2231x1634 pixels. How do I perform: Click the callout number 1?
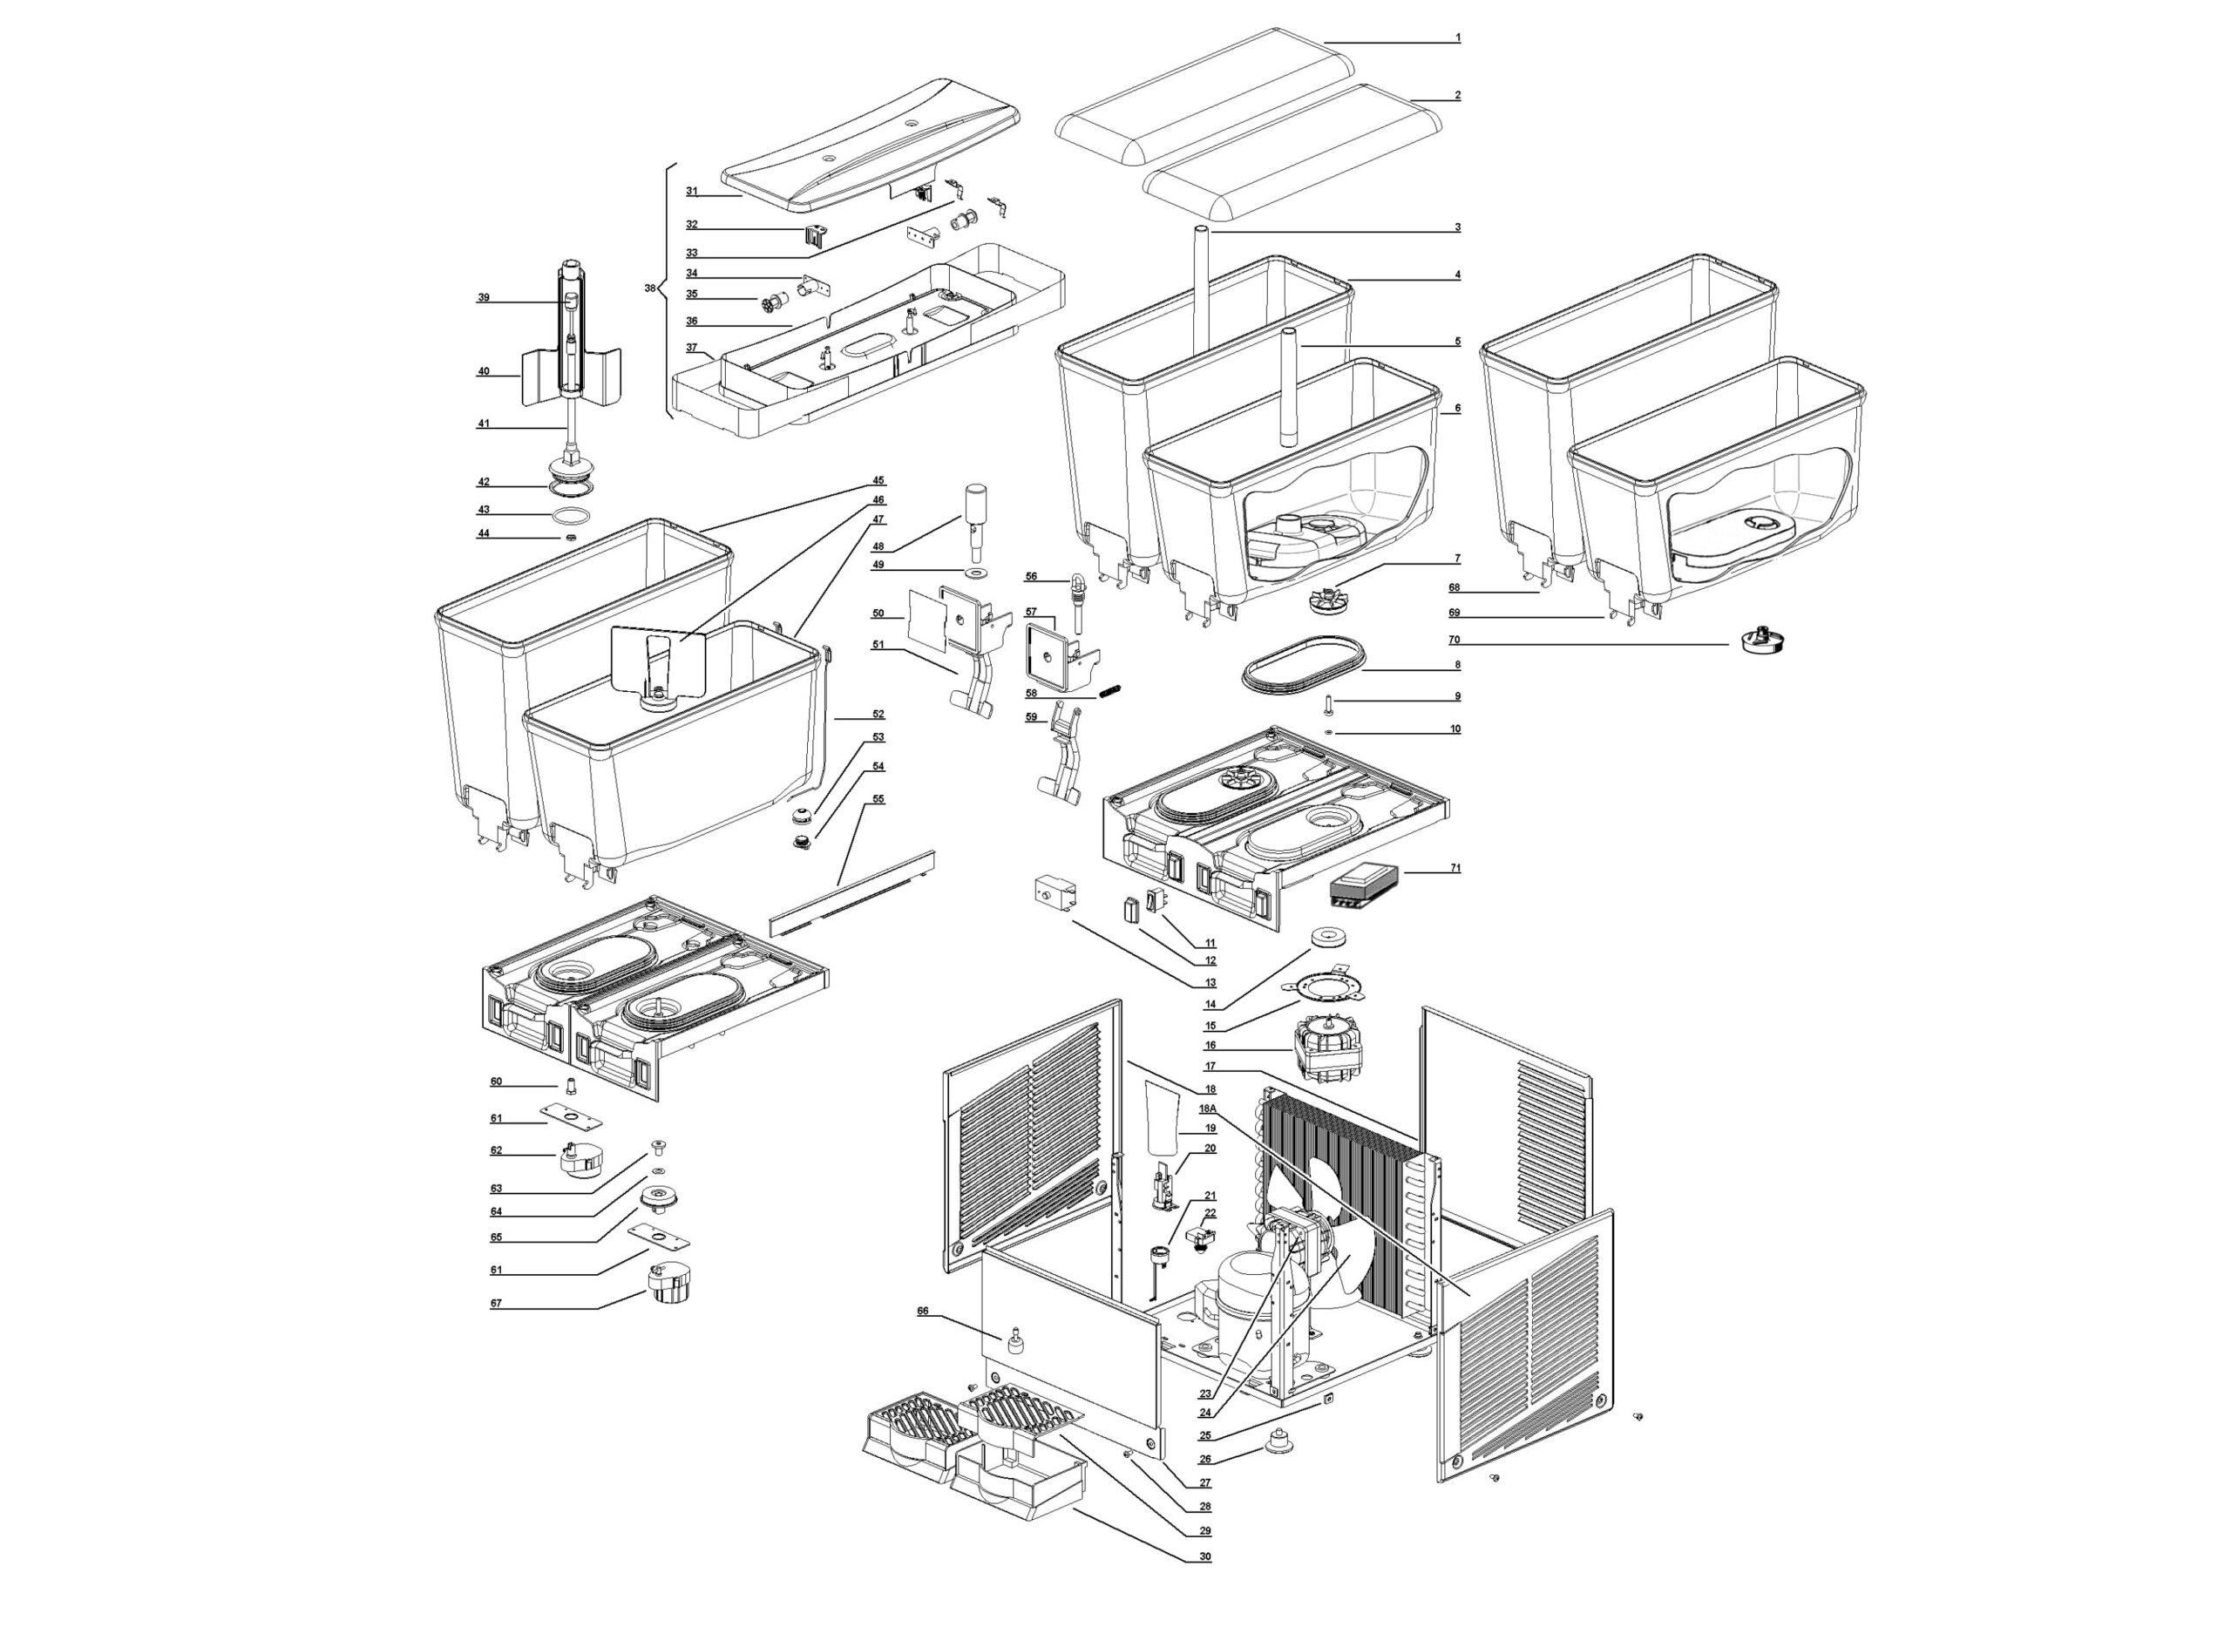1456,38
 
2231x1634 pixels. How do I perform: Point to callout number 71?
1455,869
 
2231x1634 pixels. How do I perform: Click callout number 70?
1454,640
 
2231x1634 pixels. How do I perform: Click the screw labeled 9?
1329,704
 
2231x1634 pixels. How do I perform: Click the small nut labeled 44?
571,537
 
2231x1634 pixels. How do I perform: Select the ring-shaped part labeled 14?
1328,936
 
